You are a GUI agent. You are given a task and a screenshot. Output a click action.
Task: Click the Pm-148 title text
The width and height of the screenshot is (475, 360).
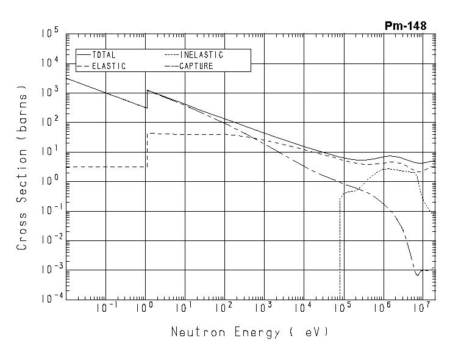(405, 26)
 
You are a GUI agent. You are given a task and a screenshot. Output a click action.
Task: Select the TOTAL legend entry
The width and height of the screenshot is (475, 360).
(103, 55)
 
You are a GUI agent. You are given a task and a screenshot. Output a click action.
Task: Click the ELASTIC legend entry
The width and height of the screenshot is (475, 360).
(108, 66)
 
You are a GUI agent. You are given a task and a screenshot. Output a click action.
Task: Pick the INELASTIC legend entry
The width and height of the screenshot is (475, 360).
(201, 55)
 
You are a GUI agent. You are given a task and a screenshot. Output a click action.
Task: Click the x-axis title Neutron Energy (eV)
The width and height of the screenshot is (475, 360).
(249, 333)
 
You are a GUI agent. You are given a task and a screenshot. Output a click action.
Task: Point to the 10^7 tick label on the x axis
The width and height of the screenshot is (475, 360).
(420, 307)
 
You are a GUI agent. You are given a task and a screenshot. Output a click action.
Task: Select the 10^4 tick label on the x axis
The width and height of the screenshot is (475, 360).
(303, 307)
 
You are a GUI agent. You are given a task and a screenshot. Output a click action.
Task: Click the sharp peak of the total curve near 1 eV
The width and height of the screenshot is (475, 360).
(147, 90)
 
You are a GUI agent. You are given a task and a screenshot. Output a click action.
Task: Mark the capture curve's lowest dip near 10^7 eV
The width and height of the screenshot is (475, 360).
(418, 275)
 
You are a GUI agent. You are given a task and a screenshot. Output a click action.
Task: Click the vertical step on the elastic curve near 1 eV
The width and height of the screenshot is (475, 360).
(147, 149)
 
